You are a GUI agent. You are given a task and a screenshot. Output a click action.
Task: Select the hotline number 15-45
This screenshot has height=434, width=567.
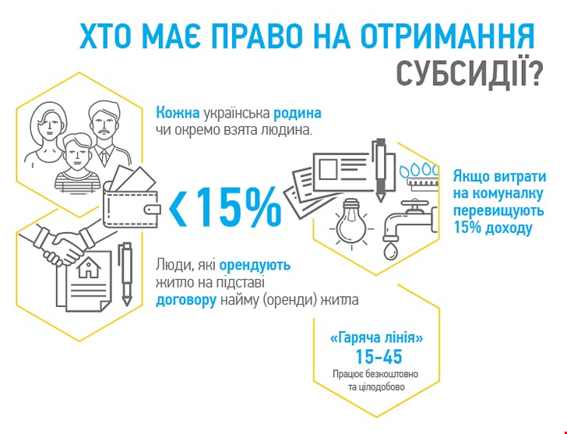(x=379, y=357)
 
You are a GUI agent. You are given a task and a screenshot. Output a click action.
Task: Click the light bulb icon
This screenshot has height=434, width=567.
(x=350, y=223)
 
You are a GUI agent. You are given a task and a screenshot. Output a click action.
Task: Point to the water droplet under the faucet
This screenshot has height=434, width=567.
(x=390, y=251)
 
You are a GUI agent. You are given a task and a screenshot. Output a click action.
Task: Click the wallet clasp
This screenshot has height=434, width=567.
(x=152, y=210)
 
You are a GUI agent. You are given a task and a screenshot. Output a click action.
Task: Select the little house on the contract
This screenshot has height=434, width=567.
(x=89, y=267)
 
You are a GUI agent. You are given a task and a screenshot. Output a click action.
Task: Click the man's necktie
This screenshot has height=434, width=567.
(x=104, y=157)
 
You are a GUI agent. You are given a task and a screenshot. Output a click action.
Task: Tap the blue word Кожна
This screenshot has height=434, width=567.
(x=178, y=113)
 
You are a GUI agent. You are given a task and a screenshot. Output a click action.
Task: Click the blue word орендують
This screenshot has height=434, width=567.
(x=255, y=266)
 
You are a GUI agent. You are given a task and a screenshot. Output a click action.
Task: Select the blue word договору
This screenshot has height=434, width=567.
(x=186, y=301)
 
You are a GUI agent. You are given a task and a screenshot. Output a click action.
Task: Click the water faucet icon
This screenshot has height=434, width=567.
(x=410, y=221)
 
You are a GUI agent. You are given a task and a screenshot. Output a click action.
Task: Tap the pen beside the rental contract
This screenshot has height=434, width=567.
(x=126, y=273)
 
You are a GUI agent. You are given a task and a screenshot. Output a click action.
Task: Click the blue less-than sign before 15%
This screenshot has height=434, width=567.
(x=178, y=207)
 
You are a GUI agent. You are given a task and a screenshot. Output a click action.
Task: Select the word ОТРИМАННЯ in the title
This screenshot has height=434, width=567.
(x=448, y=35)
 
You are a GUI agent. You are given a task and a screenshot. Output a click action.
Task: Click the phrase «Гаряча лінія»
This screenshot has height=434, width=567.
(x=376, y=338)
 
